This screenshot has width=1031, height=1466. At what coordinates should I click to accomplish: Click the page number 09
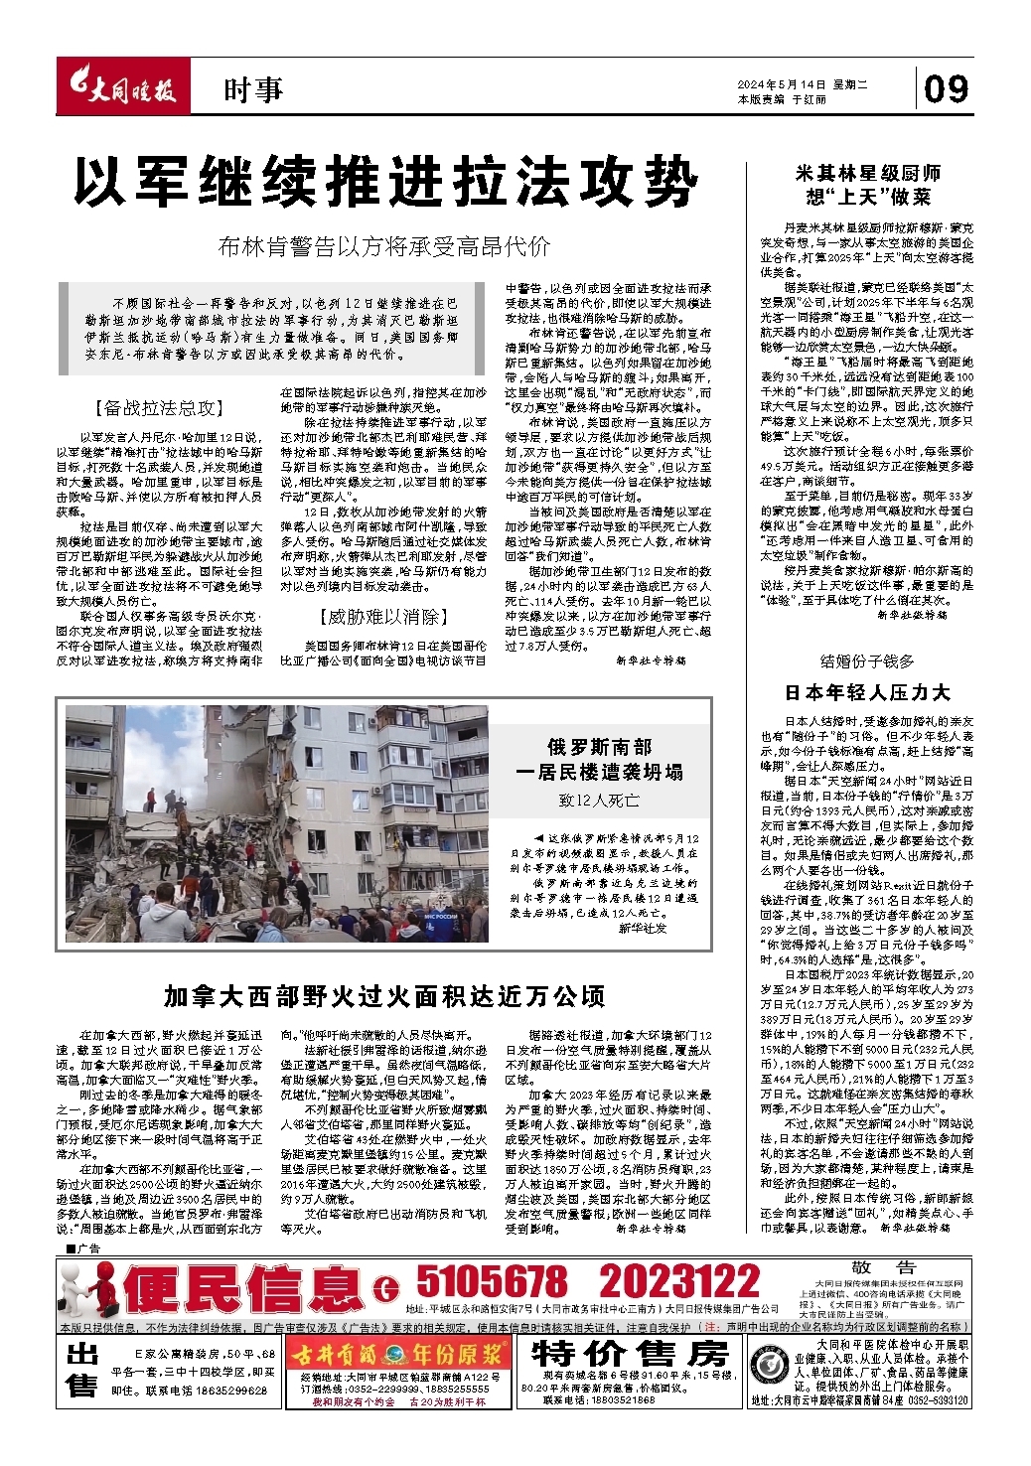[x=946, y=89]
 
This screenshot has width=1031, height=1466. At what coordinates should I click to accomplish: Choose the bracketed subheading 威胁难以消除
[x=383, y=617]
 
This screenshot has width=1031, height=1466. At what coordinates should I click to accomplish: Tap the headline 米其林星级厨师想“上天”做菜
[x=868, y=186]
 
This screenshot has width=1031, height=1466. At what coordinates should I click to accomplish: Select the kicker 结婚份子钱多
[x=867, y=661]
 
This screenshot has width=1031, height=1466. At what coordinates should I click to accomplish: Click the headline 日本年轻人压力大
[x=867, y=692]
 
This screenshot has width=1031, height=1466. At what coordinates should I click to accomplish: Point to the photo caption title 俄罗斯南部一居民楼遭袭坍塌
[x=599, y=759]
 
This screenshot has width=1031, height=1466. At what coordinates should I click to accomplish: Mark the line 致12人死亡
[x=599, y=800]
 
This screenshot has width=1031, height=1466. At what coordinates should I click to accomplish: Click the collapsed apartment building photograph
[x=277, y=823]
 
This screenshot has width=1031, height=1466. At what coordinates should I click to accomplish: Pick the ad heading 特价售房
[x=630, y=1352]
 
